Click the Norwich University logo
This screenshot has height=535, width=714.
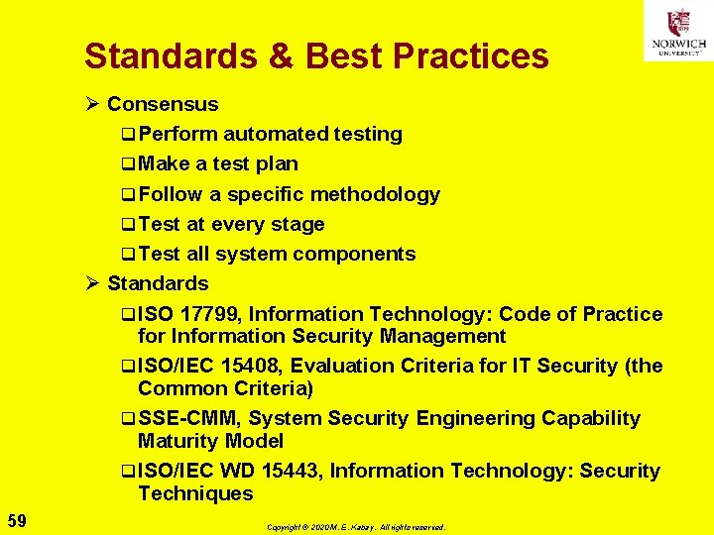coord(678,31)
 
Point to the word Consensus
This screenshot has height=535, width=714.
coord(163,104)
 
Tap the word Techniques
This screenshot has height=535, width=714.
coord(195,493)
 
